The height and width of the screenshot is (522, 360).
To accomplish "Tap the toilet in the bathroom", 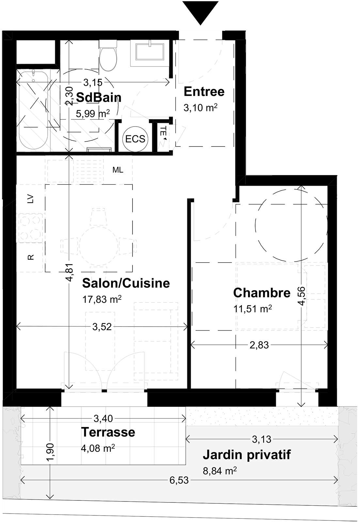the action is (x=108, y=56).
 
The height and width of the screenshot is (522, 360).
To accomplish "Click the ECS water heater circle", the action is (x=135, y=139).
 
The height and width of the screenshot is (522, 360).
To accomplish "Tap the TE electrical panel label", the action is (x=164, y=133).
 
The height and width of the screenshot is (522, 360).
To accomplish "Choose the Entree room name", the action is (x=204, y=92).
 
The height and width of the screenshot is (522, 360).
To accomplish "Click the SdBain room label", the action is (x=99, y=98).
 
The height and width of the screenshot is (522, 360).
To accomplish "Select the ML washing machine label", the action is (x=118, y=170).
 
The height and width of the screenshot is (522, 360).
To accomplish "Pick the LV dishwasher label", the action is (x=31, y=199).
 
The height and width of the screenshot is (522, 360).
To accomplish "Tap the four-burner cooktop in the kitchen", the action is (x=29, y=228).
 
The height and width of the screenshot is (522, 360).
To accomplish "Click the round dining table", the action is (x=98, y=246).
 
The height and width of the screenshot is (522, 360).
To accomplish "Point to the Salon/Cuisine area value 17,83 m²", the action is (x=102, y=299).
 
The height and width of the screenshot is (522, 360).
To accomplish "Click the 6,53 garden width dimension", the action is (x=179, y=480).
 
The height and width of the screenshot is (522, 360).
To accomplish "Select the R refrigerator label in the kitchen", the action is (x=31, y=257).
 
